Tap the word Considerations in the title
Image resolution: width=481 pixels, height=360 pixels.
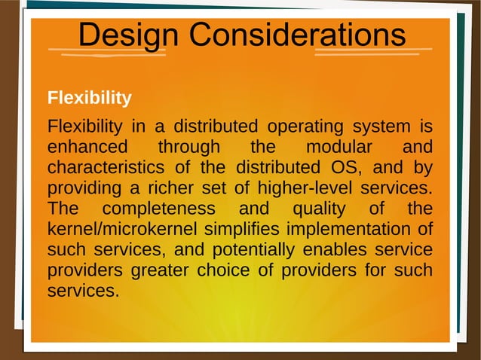(297, 35)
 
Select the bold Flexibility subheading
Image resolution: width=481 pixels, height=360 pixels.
(89, 98)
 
